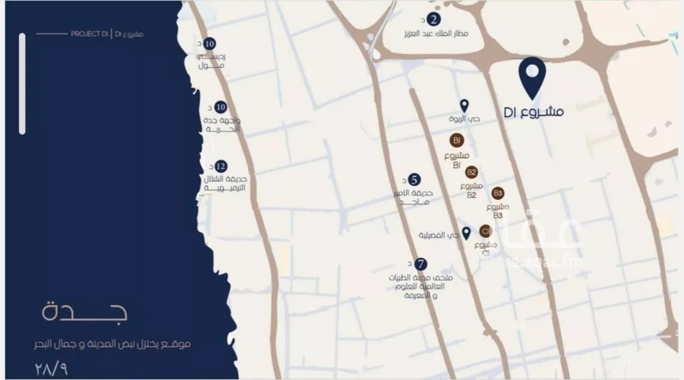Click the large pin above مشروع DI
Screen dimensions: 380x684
532,75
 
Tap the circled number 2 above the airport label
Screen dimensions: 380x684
434,19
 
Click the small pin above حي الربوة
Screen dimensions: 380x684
464,105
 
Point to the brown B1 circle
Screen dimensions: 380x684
456,140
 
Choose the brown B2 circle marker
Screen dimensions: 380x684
471,172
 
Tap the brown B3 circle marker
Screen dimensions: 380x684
497,193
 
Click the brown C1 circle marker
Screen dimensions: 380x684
485,230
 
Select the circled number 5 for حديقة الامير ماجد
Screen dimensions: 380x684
414,179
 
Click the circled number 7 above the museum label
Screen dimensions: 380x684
421,264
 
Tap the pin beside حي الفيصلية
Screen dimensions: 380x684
466,233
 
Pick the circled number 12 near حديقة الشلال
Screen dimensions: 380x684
220,166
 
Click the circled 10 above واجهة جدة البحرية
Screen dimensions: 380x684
220,107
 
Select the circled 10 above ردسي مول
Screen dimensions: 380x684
211,43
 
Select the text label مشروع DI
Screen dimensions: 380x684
534,112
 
